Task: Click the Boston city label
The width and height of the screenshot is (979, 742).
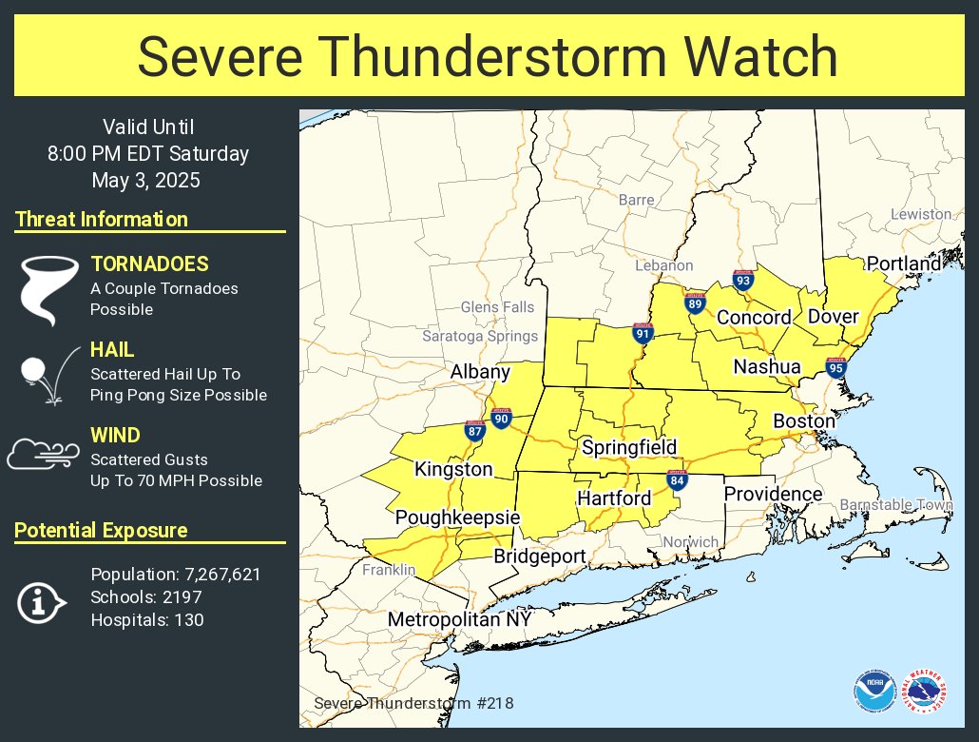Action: point(804,420)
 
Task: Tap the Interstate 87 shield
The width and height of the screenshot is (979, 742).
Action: point(475,430)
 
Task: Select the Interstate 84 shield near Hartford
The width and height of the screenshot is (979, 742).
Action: point(677,480)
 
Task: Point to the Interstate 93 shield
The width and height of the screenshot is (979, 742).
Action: point(743,280)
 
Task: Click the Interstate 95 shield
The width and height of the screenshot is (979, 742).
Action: point(835,368)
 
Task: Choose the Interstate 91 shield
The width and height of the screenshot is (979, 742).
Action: point(643,333)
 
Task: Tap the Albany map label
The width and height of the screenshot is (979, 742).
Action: point(480,372)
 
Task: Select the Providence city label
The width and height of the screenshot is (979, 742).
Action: point(773,494)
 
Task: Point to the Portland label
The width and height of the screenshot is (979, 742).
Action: point(903,264)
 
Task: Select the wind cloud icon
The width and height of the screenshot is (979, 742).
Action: point(43,454)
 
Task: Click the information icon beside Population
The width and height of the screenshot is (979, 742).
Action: point(41,601)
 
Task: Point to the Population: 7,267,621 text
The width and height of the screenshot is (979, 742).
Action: point(175,575)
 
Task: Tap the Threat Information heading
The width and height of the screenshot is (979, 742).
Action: point(102,220)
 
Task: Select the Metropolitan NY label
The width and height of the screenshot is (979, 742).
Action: point(459,619)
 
